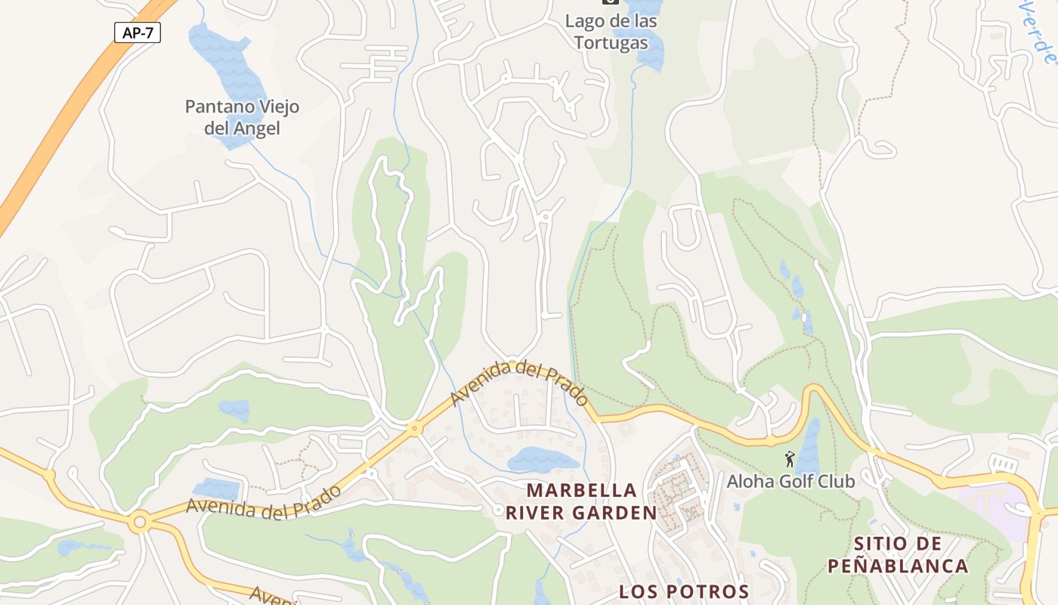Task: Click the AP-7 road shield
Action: click(x=138, y=33)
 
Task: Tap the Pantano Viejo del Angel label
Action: click(x=242, y=117)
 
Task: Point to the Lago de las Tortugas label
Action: click(x=611, y=32)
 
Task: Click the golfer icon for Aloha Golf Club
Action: click(x=790, y=458)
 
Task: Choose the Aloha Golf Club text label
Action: click(x=790, y=481)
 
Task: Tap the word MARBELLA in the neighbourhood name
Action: click(x=581, y=490)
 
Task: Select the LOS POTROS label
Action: click(x=684, y=591)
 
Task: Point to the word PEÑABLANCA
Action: click(x=897, y=566)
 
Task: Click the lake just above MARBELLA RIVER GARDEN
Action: click(x=543, y=459)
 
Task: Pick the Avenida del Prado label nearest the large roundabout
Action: click(x=264, y=502)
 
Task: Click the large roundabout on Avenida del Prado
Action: click(x=139, y=522)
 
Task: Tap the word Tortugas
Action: click(x=611, y=42)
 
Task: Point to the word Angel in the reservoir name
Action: click(x=257, y=129)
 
